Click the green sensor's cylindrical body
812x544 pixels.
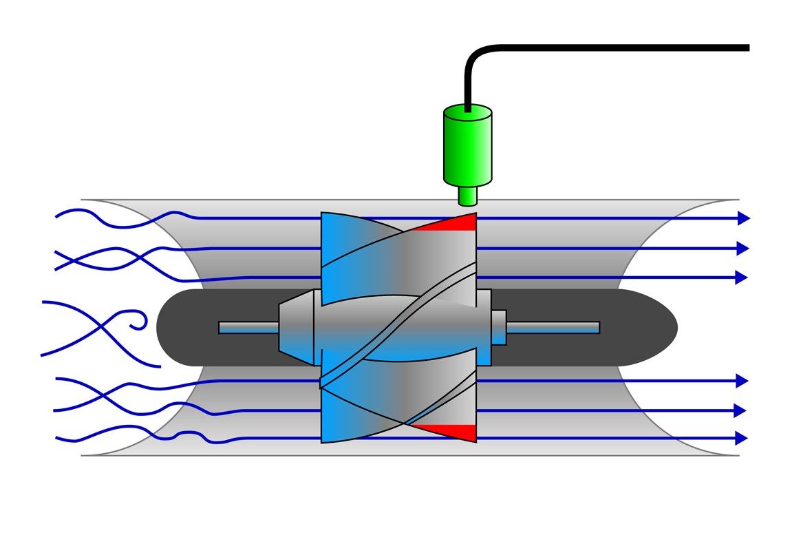coord(467,148)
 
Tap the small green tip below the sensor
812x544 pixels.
coord(467,196)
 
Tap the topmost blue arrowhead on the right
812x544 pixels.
coord(742,218)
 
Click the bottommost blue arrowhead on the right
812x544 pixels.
coord(741,438)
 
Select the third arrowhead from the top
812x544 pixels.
coord(741,278)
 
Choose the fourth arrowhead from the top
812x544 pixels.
coord(741,381)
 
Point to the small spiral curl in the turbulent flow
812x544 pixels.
coord(139,321)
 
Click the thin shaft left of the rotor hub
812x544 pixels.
coord(248,327)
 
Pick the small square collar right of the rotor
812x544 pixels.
coord(498,327)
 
